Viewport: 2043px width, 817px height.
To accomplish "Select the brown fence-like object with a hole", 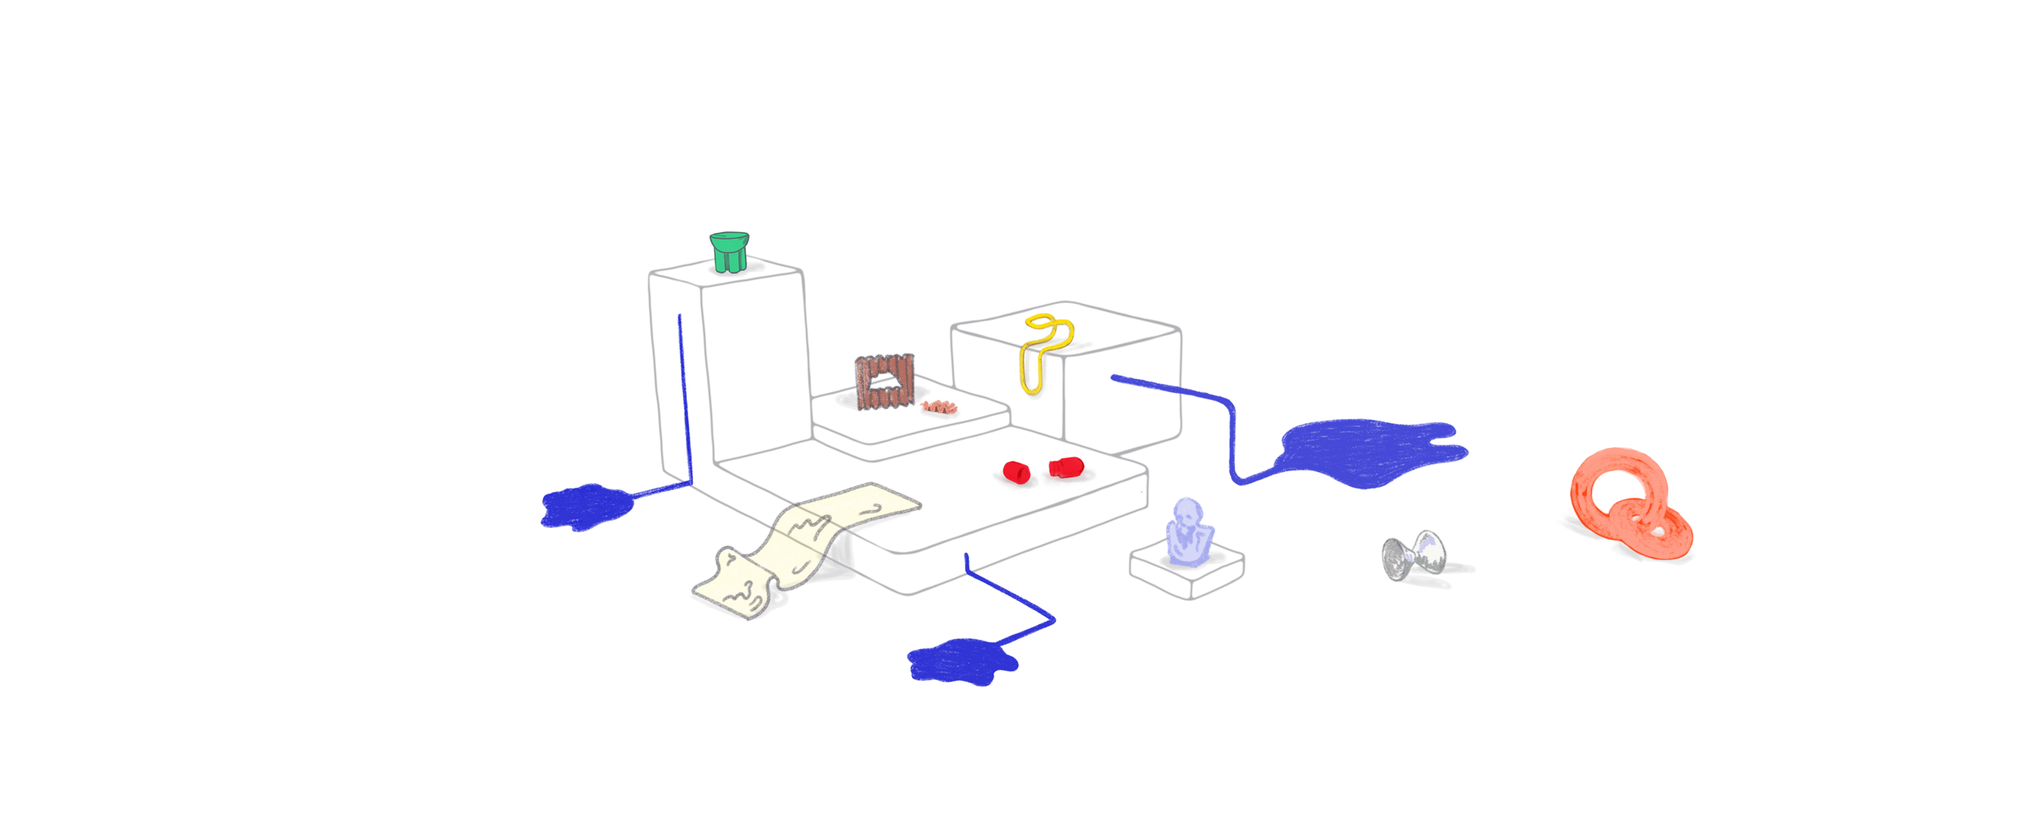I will click(883, 383).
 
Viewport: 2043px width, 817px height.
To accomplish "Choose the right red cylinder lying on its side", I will click(1064, 467).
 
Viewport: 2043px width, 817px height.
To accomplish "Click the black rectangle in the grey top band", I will click(1272, 285).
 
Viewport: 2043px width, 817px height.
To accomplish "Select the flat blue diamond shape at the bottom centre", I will click(964, 662).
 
